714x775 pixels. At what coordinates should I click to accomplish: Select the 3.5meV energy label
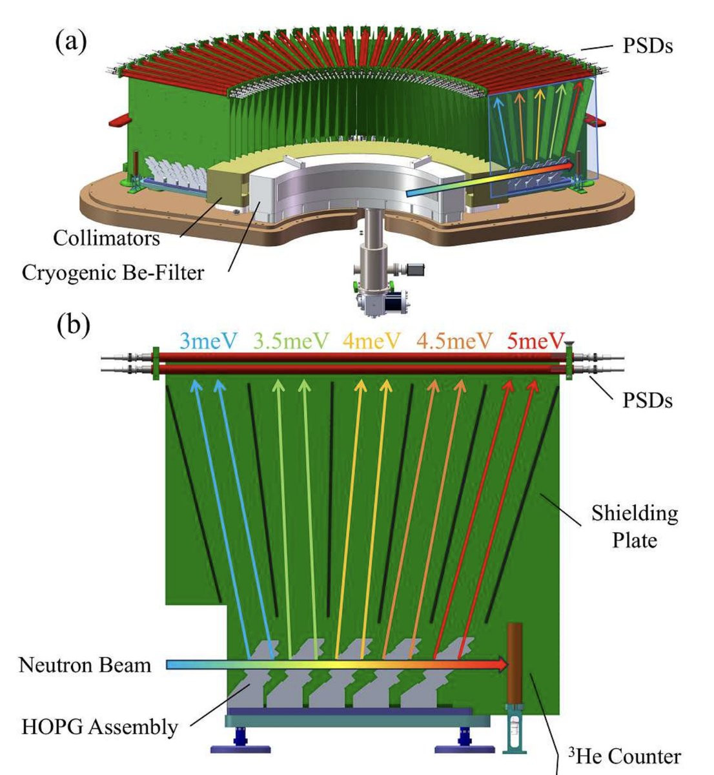291,340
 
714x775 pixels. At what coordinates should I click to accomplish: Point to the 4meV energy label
372,340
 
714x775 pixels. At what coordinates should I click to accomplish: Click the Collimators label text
107,238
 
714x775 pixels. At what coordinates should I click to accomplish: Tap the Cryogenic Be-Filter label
113,272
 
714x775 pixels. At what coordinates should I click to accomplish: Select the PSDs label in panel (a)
648,46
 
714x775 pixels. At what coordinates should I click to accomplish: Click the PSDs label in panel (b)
648,400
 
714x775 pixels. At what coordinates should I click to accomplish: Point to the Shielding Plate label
635,526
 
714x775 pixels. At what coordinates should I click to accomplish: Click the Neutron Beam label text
85,664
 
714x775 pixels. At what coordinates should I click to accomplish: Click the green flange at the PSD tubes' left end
156,363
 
